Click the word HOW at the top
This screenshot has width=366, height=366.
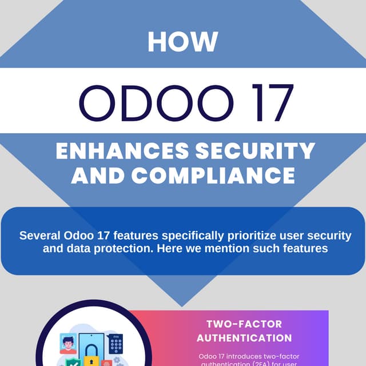pos(182,42)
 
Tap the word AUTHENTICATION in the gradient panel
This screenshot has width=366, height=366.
pos(244,337)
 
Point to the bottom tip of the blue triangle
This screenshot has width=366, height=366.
pos(182,305)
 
